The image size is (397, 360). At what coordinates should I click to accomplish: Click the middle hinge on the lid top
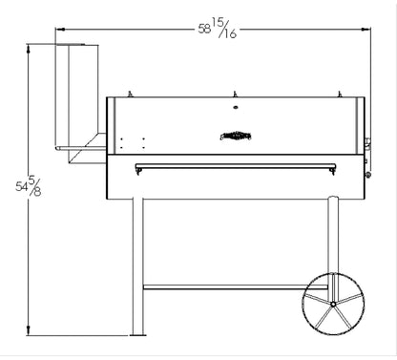234,94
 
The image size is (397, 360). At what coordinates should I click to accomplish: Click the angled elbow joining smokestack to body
95,143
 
